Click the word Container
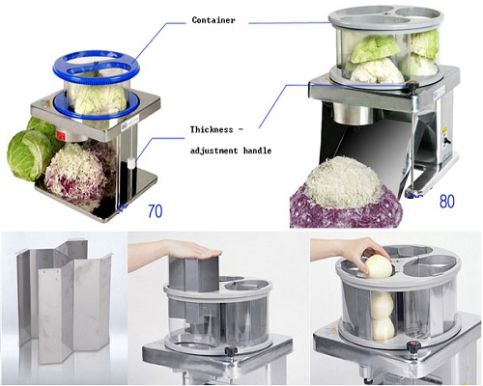[213, 20]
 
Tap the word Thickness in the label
[212, 129]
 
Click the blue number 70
[155, 211]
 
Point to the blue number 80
[447, 202]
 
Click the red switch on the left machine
[61, 136]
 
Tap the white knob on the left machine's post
[130, 162]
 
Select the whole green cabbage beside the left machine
[30, 155]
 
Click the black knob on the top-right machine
[412, 86]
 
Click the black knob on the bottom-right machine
[413, 347]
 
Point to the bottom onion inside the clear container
[384, 328]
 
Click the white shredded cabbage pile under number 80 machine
[342, 181]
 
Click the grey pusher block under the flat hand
[195, 273]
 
